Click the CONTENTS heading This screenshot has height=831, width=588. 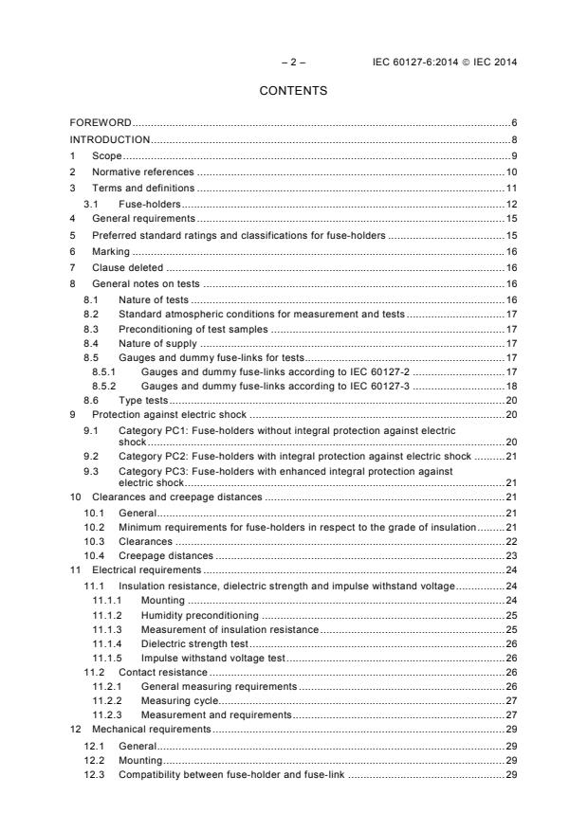coord(293,91)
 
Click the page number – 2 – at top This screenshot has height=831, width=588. coord(293,62)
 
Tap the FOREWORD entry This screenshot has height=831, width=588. coord(101,123)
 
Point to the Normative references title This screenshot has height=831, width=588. coord(142,172)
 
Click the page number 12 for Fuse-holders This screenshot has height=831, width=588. coord(510,204)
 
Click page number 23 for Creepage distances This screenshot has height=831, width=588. coord(510,555)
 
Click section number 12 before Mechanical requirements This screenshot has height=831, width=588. coord(74,729)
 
